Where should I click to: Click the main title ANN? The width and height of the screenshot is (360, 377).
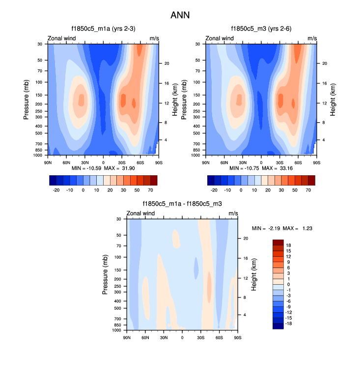180,15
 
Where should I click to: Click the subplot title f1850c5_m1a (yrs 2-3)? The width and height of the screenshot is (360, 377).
103,29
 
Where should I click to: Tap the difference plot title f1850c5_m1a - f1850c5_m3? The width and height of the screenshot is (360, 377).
182,204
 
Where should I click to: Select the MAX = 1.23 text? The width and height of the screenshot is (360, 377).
300,228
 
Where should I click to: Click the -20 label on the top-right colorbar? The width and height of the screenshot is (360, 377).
214,189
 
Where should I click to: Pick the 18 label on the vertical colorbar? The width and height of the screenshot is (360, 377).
289,245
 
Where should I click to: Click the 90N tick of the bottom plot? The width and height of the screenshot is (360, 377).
126,336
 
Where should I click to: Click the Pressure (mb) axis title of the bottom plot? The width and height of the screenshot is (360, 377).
106,274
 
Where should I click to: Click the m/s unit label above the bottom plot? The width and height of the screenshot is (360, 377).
233,213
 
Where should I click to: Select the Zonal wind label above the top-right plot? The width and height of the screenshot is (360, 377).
220,38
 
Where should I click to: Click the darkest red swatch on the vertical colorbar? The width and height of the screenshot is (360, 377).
278,242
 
